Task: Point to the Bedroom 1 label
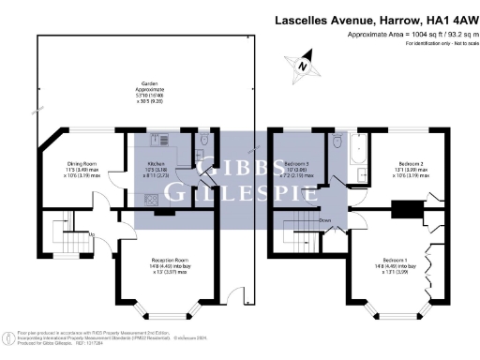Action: [396, 259]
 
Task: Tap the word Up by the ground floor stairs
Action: [92, 235]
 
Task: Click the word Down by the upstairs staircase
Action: [324, 221]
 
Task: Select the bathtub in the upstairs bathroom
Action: [359, 157]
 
